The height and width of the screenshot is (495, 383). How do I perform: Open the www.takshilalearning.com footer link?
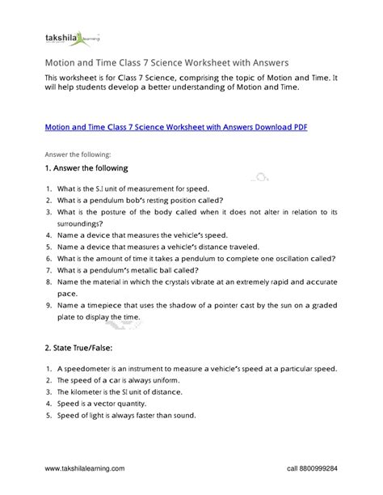[x=86, y=468]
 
